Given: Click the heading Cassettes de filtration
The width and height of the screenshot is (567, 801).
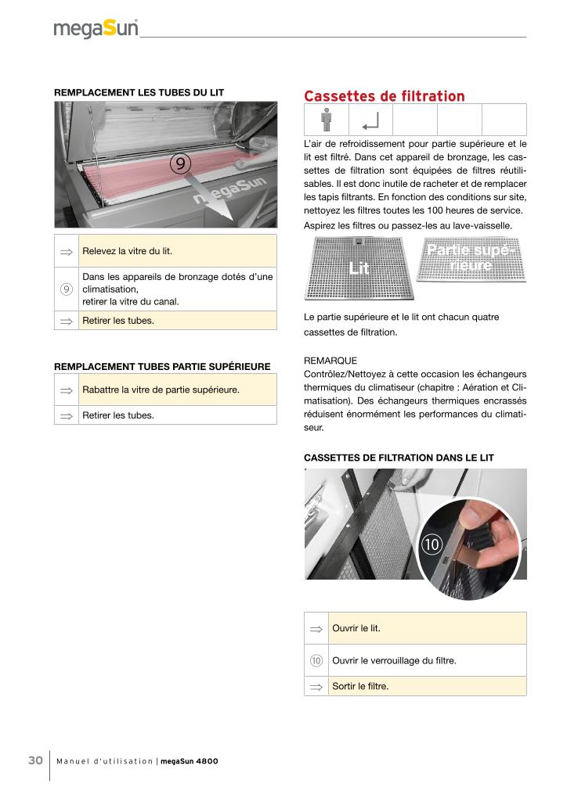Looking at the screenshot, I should [384, 96].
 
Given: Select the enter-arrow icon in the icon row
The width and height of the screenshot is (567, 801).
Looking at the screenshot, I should [370, 120].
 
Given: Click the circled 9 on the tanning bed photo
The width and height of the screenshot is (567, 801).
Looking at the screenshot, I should [179, 163].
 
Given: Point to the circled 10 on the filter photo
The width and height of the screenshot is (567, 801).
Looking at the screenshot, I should [432, 542].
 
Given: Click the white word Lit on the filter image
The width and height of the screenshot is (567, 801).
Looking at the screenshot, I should [359, 268].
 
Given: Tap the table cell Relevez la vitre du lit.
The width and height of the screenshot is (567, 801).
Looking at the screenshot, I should [178, 251].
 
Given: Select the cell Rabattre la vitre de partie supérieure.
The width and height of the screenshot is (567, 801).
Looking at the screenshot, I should [178, 390].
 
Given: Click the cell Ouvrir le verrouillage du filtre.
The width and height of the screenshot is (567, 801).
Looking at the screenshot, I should [427, 660].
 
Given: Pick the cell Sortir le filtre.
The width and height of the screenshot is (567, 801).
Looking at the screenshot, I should [427, 686].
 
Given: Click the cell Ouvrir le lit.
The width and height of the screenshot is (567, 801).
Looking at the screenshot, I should [427, 628].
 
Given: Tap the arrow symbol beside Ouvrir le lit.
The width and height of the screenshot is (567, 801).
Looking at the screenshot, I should [316, 628].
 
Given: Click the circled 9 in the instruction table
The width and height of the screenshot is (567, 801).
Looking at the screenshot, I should [67, 289].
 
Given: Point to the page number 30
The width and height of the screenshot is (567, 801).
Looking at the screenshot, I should [35, 761].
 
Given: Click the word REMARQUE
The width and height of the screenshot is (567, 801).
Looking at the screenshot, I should [330, 361].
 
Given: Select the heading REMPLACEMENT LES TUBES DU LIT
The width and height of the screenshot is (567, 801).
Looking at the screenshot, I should [139, 92].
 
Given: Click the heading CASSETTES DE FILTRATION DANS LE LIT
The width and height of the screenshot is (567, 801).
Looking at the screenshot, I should [399, 458].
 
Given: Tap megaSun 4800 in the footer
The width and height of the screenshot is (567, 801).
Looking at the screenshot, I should [190, 762].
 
